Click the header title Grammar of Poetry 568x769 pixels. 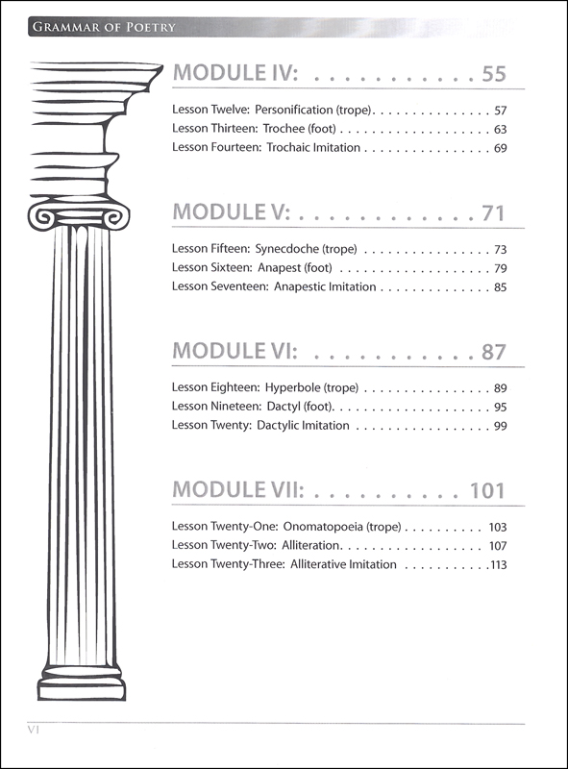tap(104, 27)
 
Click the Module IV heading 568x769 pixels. tap(235, 73)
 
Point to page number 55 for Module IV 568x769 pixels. tap(493, 74)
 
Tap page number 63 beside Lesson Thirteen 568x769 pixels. tap(501, 130)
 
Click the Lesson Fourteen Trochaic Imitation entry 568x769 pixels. tap(266, 148)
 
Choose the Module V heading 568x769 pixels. tap(232, 212)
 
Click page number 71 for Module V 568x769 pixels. tap(493, 213)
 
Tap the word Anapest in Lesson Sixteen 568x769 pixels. tap(279, 268)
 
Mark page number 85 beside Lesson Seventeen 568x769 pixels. tap(501, 287)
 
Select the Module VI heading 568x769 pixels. tap(235, 351)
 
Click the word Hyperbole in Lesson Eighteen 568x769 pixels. tap(293, 388)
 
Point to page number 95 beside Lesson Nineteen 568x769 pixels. tap(501, 407)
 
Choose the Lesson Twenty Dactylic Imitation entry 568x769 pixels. tap(260, 425)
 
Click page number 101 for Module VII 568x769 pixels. tap(487, 491)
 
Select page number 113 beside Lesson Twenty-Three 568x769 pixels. tap(499, 565)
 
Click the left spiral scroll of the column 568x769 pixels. tap(40, 217)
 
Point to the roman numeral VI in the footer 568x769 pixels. tap(34, 730)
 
